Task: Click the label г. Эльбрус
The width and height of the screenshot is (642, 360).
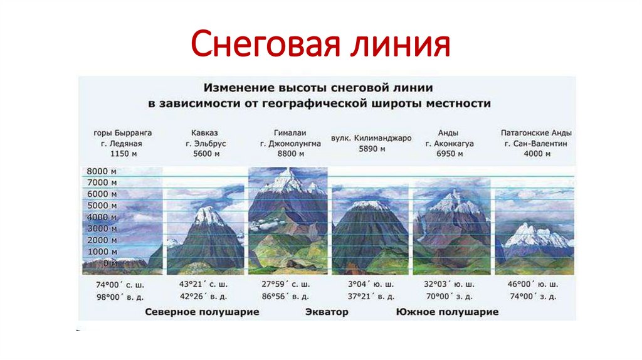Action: [206, 143]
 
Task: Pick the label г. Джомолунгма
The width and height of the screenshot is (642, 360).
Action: [290, 143]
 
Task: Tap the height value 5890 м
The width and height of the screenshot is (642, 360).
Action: [371, 149]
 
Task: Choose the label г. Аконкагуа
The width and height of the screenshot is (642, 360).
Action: [449, 143]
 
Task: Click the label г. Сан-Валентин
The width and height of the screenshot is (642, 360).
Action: [536, 143]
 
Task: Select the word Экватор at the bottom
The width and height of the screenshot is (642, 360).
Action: [326, 312]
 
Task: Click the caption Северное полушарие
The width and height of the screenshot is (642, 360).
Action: [202, 312]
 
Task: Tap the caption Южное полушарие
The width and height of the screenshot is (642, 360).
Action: [447, 312]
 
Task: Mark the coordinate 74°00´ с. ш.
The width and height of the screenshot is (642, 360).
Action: [122, 283]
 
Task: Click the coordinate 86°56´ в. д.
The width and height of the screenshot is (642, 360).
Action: [288, 295]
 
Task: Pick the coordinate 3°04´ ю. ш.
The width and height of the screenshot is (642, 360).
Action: [371, 283]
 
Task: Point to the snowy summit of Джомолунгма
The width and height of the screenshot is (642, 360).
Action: [287, 175]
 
